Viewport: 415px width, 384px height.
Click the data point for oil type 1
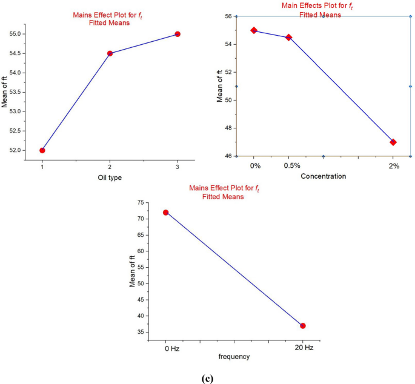42,150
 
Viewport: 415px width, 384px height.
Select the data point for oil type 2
110,53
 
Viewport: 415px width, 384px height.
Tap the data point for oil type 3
178,34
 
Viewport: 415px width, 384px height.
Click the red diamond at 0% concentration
254,30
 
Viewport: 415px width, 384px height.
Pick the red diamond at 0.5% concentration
288,38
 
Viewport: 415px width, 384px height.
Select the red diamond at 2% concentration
393,142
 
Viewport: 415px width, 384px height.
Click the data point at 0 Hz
165,213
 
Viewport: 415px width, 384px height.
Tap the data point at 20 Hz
303,326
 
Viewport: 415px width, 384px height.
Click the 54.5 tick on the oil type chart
19,53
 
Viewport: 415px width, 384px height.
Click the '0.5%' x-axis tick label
289,165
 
